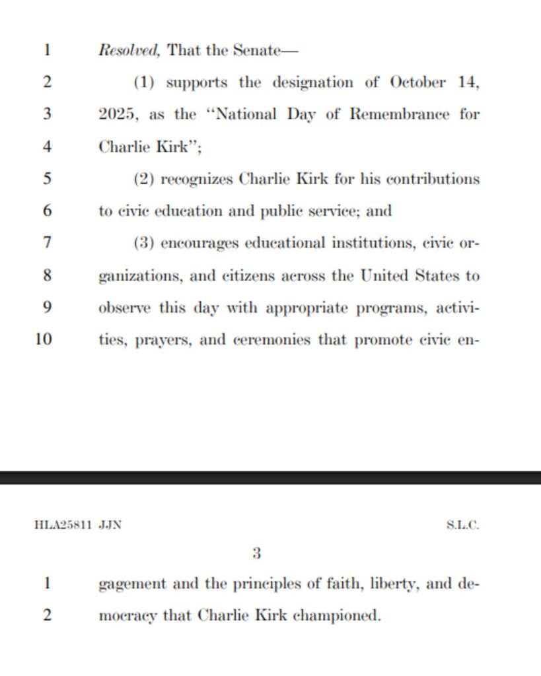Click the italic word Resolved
click(x=129, y=50)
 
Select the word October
click(x=417, y=83)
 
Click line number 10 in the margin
click(x=44, y=340)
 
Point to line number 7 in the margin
click(x=47, y=243)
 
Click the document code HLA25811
click(x=63, y=526)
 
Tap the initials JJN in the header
click(x=110, y=526)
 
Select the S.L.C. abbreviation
click(x=462, y=526)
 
